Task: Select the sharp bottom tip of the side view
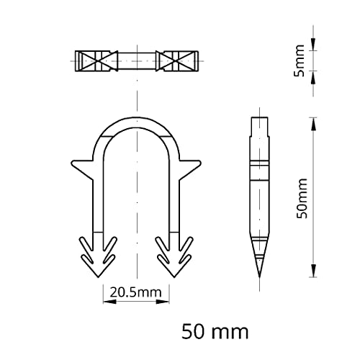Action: tap(257, 276)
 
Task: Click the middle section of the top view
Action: tap(135, 61)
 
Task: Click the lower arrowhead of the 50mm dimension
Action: tap(313, 274)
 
